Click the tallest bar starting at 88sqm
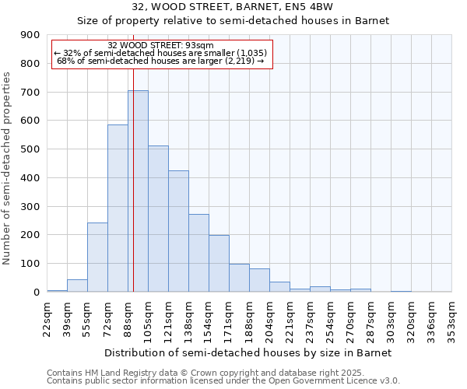(x=138, y=191)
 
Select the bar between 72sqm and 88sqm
(x=118, y=209)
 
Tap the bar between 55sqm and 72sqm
(x=97, y=258)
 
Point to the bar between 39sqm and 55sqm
(x=77, y=286)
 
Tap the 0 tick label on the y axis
(x=36, y=292)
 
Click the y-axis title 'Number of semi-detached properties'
(x=8, y=168)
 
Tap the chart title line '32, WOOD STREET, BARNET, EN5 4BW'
(x=233, y=7)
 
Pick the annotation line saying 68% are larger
(x=161, y=61)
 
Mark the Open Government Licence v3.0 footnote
(x=223, y=381)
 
